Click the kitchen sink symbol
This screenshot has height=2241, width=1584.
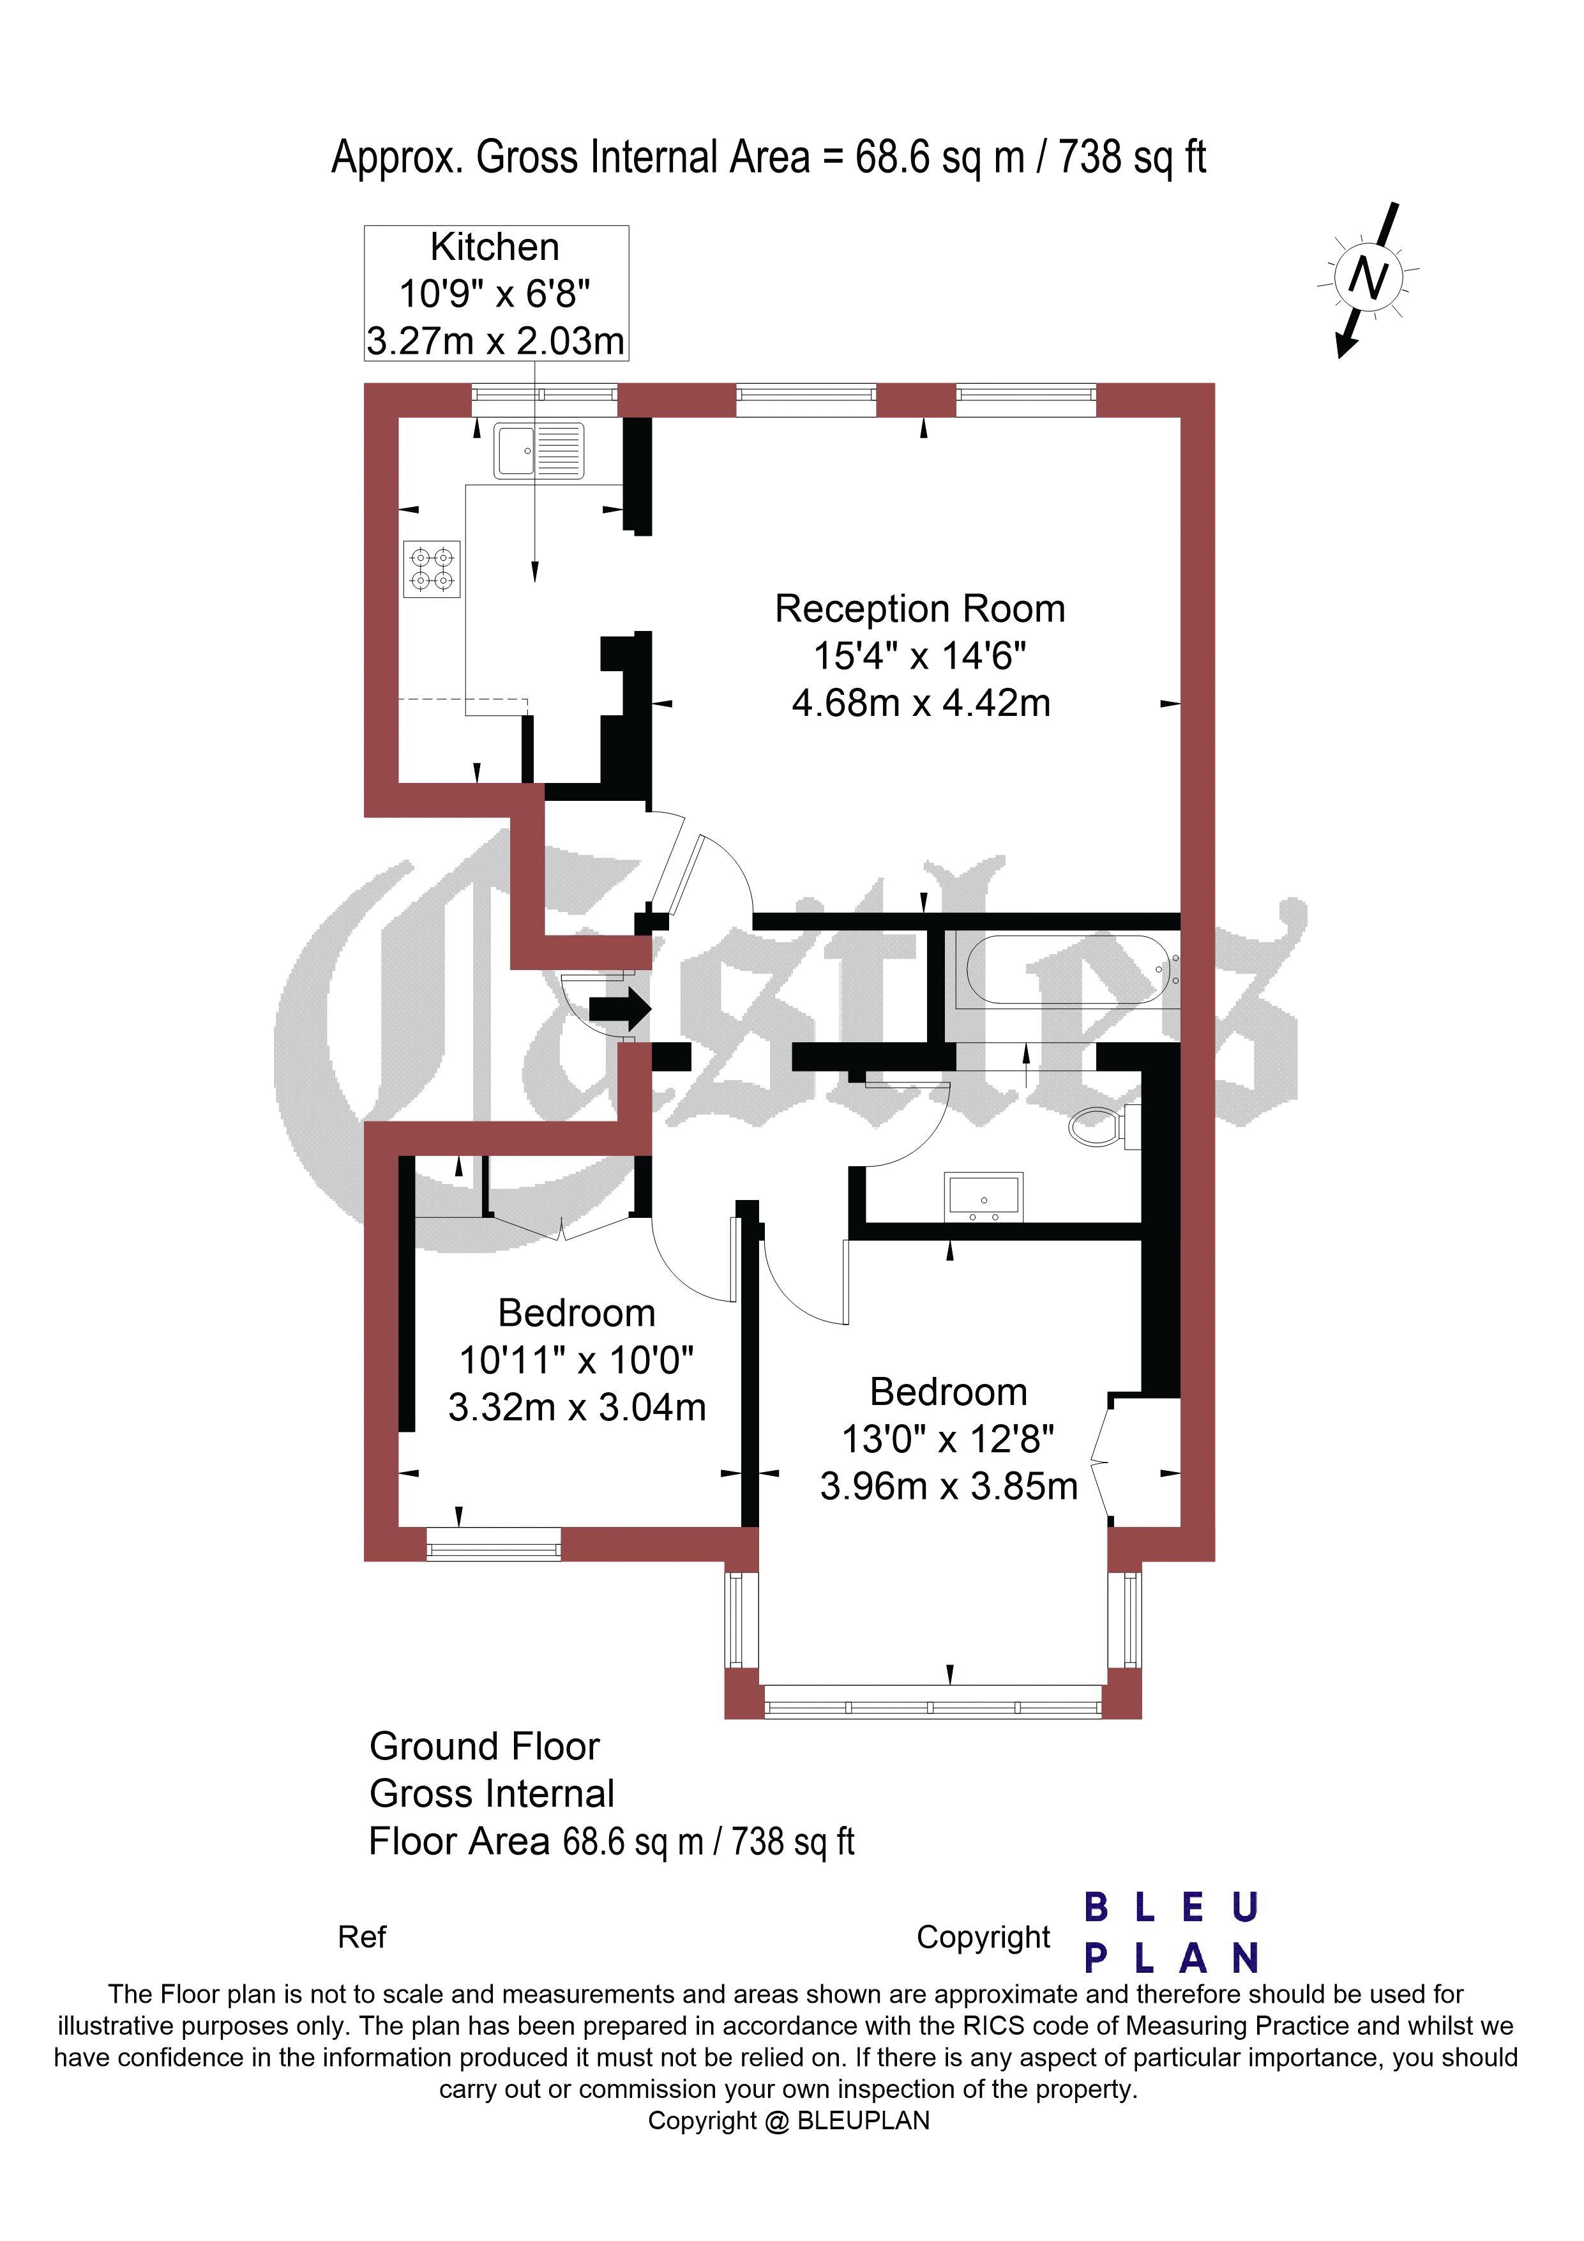[x=539, y=451]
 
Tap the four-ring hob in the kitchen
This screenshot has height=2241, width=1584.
[x=432, y=569]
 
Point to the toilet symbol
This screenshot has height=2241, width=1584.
[x=1104, y=1127]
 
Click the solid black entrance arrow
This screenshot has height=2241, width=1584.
[x=620, y=1007]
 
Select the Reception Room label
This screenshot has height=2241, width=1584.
[x=919, y=609]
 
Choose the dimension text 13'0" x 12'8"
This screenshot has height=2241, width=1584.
[x=947, y=1439]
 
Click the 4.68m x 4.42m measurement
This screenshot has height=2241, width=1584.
[x=921, y=703]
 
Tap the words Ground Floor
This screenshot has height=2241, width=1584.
[x=484, y=1746]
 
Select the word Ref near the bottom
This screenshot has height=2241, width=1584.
[x=362, y=1938]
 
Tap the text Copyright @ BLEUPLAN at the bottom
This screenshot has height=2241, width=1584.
[x=788, y=2121]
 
